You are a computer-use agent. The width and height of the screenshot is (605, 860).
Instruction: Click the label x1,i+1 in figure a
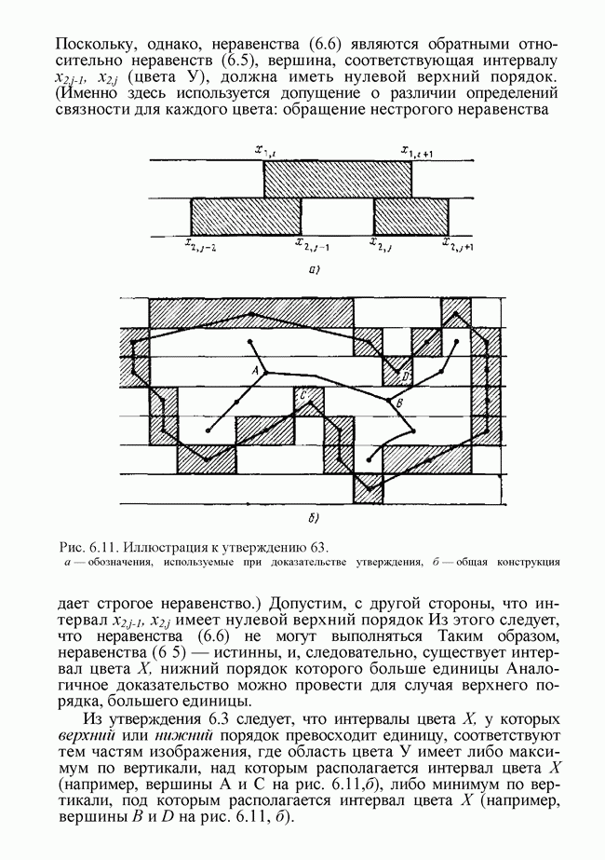[415, 151]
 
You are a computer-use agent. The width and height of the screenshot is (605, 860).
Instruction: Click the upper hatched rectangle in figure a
[337, 179]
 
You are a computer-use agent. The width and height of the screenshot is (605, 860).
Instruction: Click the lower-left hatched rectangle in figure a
[246, 215]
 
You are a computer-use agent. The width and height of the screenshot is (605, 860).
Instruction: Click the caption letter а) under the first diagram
[314, 272]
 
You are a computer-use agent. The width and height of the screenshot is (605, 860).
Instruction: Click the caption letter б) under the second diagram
[314, 516]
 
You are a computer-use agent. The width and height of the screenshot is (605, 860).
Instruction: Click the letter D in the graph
[407, 375]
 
